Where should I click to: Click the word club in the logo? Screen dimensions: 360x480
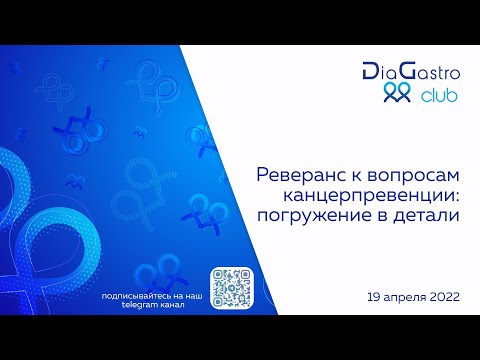tap(442, 97)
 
